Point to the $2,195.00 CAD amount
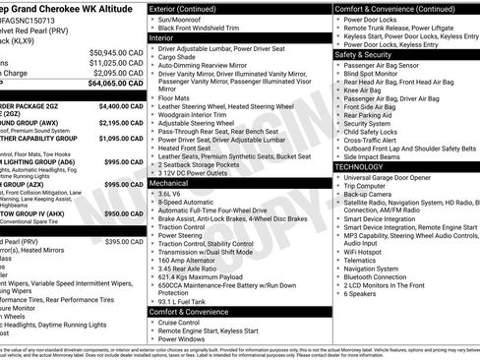tap(123, 123)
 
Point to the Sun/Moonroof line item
tap(184, 19)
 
